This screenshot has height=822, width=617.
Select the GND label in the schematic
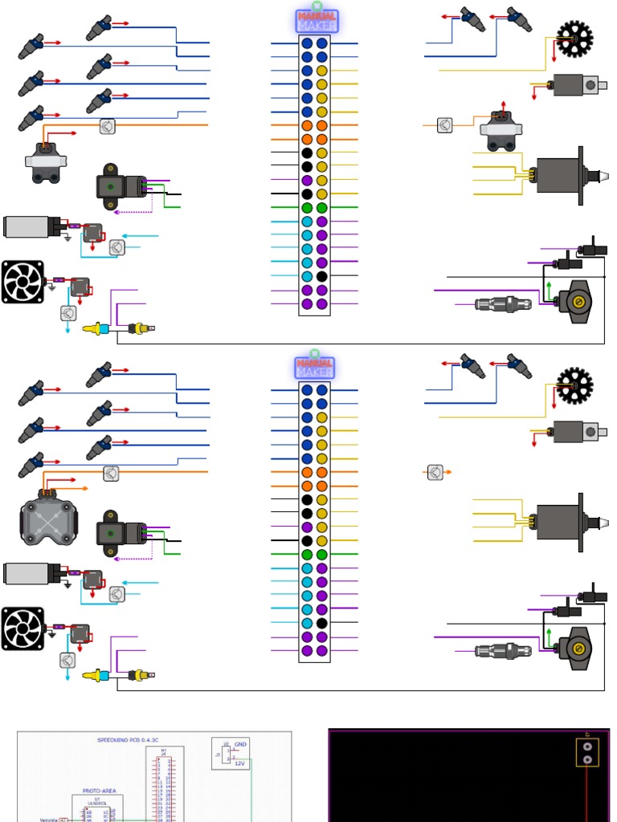click(x=240, y=744)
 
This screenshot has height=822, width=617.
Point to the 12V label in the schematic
click(x=239, y=763)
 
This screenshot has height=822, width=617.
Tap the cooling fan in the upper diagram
click(x=22, y=282)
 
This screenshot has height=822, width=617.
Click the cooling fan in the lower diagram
click(x=22, y=629)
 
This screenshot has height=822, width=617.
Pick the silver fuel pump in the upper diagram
click(x=30, y=227)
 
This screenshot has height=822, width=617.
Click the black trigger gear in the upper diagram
click(x=574, y=38)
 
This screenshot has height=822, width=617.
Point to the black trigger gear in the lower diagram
click(x=574, y=385)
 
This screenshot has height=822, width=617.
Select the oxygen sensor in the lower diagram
click(x=503, y=650)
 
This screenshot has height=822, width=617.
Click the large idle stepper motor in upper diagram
click(x=562, y=175)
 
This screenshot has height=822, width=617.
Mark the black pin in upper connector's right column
click(x=321, y=276)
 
